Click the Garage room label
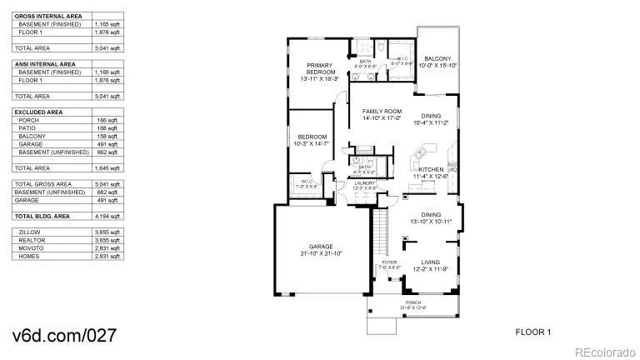322,246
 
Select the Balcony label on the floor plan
437,58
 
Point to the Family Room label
382,111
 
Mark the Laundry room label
366,183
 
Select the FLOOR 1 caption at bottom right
533,332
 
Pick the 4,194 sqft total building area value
107,216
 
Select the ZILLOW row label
30,232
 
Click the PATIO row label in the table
27,127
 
